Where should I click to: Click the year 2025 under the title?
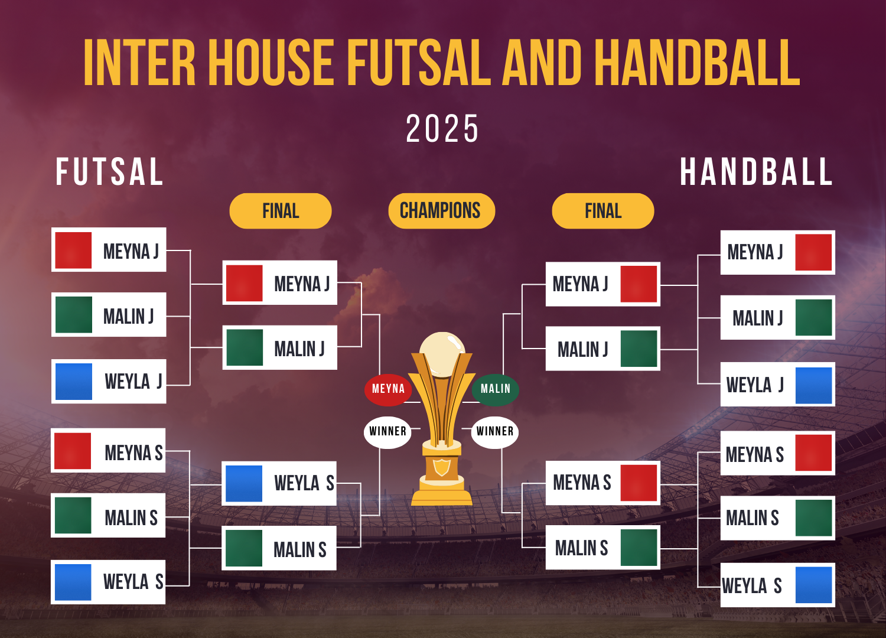[x=442, y=128]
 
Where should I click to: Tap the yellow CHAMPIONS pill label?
[x=441, y=211]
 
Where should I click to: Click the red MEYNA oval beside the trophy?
[x=388, y=390]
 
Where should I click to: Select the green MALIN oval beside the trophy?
[x=495, y=390]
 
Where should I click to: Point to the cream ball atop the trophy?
[x=442, y=354]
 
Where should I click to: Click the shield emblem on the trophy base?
[x=441, y=467]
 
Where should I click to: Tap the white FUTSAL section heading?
[x=109, y=171]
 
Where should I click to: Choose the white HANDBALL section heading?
[x=756, y=171]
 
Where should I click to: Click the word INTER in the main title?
[x=139, y=62]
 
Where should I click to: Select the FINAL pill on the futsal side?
[x=281, y=211]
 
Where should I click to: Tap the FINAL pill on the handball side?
[x=603, y=211]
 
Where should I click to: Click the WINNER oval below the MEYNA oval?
[x=387, y=432]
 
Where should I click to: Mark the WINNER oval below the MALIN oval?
[x=495, y=432]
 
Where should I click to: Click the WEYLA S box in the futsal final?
[x=279, y=483]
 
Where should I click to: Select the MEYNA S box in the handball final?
[x=603, y=483]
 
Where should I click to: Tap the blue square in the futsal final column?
[x=243, y=483]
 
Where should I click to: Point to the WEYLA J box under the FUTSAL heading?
[x=109, y=381]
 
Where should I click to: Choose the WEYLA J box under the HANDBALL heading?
[x=778, y=384]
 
